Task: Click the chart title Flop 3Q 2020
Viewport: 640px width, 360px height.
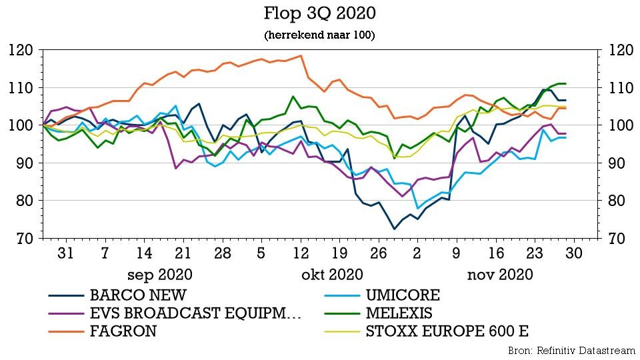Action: pyautogui.click(x=319, y=13)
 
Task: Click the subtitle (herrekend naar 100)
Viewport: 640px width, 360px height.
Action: pyautogui.click(x=319, y=35)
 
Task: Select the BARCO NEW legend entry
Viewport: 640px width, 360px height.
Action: pyautogui.click(x=138, y=295)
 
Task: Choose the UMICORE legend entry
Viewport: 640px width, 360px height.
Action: pyautogui.click(x=402, y=295)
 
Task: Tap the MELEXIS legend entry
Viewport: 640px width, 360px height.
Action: pyautogui.click(x=399, y=313)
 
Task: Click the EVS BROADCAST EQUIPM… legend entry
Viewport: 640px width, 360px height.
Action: pyautogui.click(x=195, y=313)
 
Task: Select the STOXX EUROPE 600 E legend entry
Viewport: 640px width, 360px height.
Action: pyautogui.click(x=447, y=331)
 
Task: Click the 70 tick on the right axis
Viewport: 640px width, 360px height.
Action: pyautogui.click(x=612, y=238)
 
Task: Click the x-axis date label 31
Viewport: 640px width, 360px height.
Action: pyautogui.click(x=65, y=253)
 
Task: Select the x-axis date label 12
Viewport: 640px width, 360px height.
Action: pyautogui.click(x=301, y=253)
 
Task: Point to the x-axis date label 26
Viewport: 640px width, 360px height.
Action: pyautogui.click(x=378, y=253)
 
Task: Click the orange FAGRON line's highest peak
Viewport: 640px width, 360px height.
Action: pyautogui.click(x=301, y=56)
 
